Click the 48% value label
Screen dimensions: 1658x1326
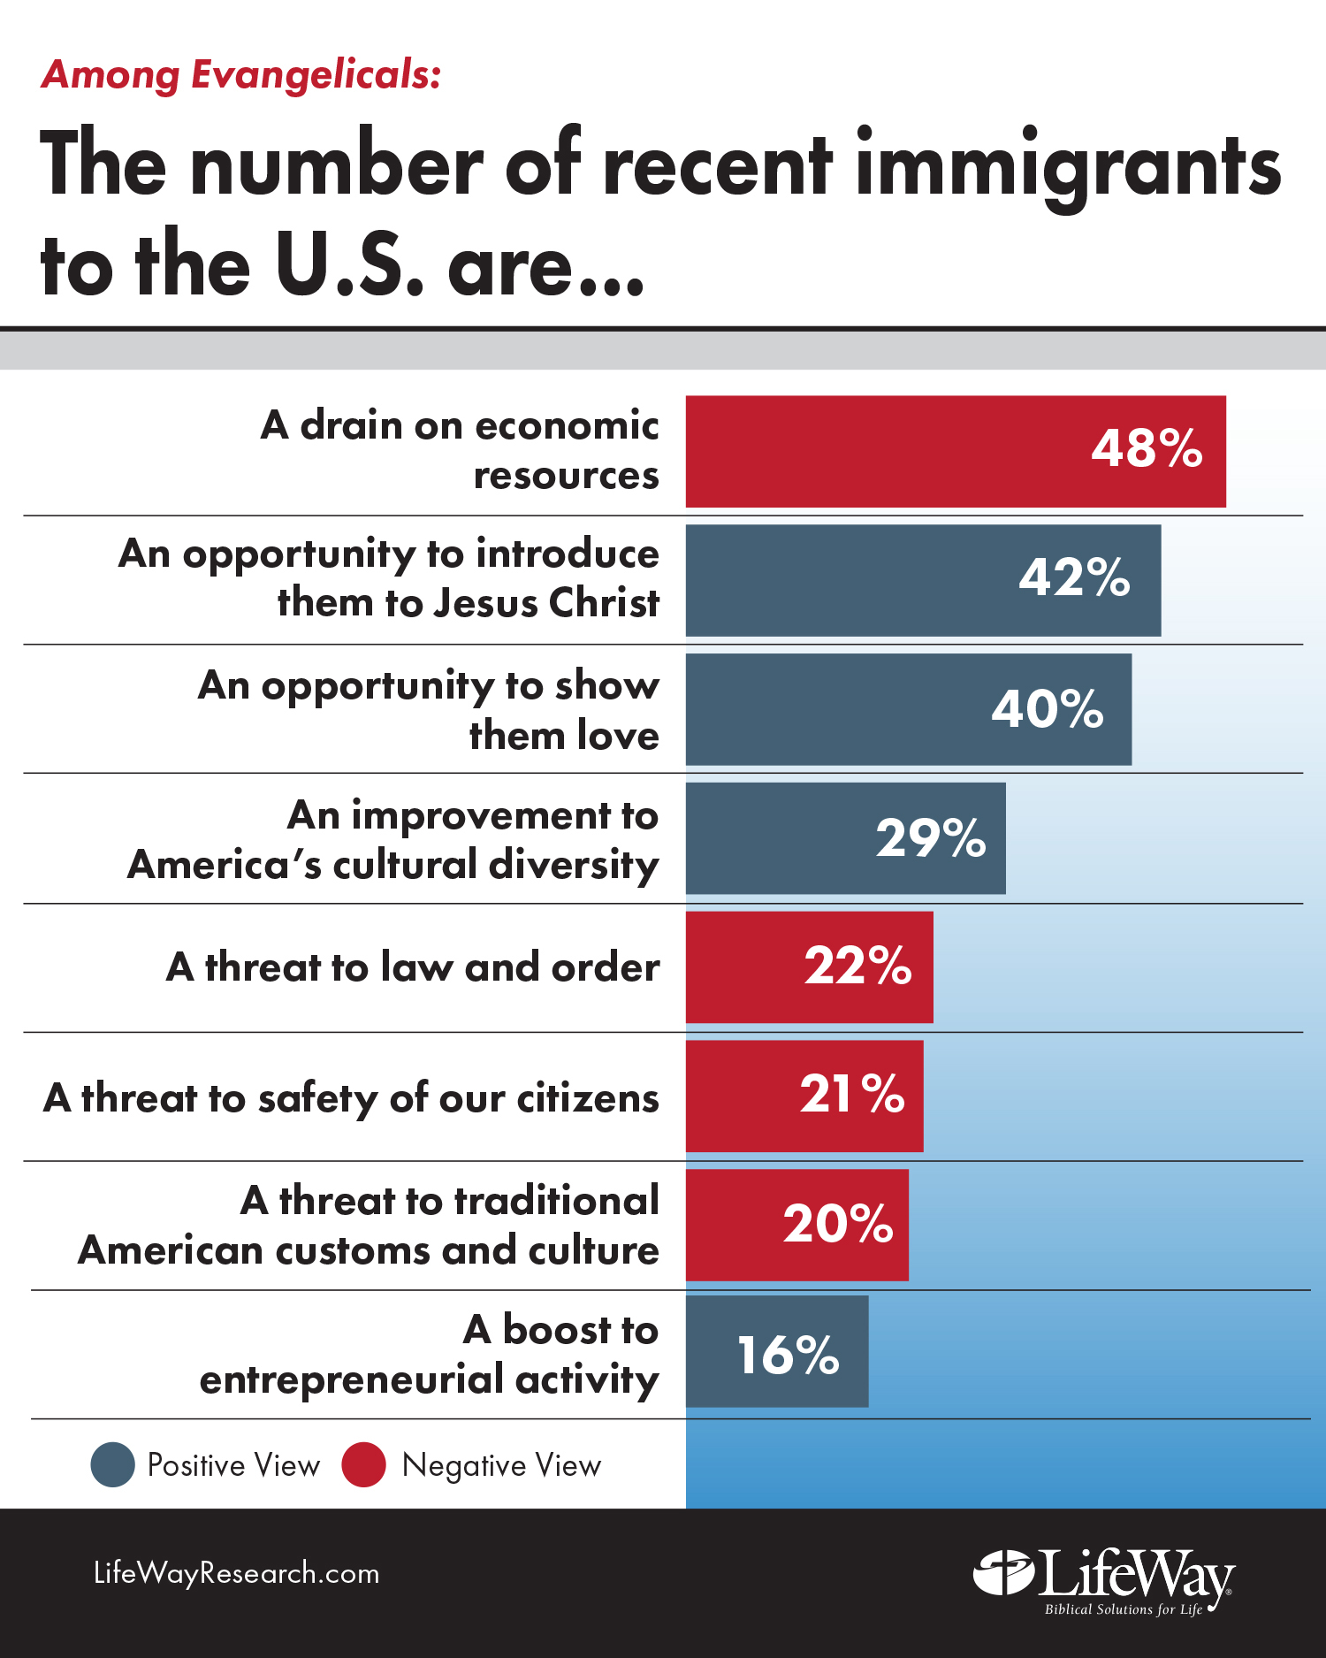[1147, 448]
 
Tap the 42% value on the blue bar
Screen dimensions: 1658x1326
[1074, 577]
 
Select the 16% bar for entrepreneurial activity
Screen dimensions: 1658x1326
[777, 1352]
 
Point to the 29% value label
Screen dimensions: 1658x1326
[931, 838]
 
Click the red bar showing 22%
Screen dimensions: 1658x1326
[809, 967]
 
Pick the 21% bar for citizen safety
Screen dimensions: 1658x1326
[804, 1096]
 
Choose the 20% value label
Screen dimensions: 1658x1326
[838, 1224]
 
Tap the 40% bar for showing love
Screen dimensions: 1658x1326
[908, 709]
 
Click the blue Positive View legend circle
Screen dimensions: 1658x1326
[113, 1464]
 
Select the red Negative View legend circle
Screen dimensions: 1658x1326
[364, 1464]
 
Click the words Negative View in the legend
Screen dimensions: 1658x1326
[501, 1466]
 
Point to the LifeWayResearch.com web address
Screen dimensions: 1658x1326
[237, 1573]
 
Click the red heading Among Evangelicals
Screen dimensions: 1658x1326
[240, 75]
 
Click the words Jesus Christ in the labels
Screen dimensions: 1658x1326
[545, 603]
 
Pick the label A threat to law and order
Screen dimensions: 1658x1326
[413, 967]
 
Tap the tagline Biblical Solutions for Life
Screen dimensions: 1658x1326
[1123, 1609]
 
